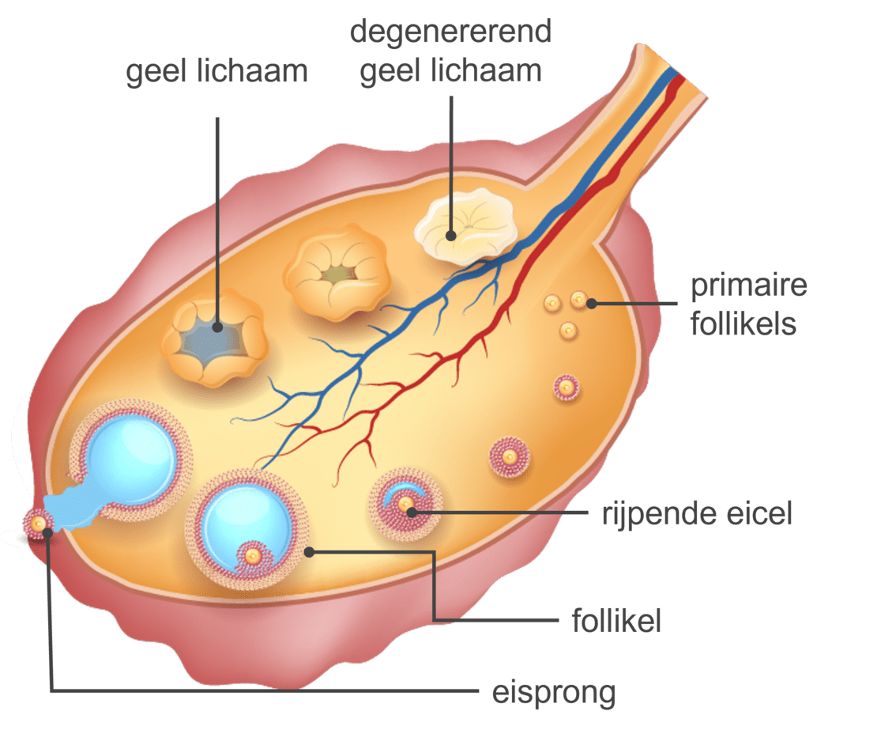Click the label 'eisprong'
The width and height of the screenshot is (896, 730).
[x=553, y=693]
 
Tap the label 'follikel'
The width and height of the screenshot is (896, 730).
[x=616, y=621]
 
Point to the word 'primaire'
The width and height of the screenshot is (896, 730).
[x=748, y=286]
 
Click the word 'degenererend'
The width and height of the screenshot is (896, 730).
[x=450, y=32]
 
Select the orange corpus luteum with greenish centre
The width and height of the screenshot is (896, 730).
[x=338, y=274]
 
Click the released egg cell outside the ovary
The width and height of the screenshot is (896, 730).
[x=38, y=523]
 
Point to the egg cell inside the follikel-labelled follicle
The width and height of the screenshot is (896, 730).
[x=253, y=556]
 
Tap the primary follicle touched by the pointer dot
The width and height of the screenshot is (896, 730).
[x=579, y=300]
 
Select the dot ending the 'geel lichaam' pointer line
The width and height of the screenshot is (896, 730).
[x=216, y=324]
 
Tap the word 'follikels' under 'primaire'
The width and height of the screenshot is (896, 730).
[x=743, y=323]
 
